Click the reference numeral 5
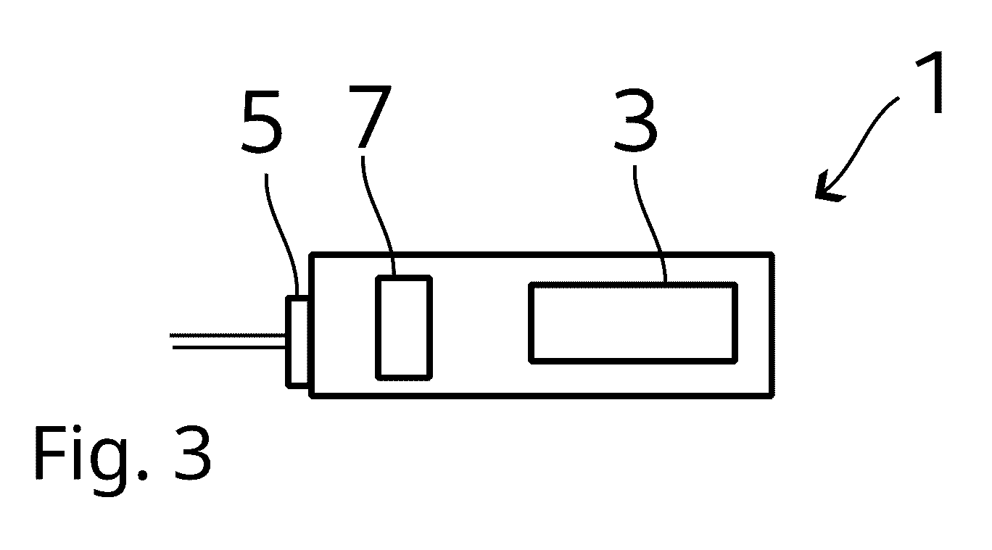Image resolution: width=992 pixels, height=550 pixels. tap(263, 122)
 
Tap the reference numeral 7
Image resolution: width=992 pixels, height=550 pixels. tap(370, 116)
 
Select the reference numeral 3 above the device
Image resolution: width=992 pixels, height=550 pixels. tap(636, 119)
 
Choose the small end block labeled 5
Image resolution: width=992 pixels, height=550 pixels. tap(297, 342)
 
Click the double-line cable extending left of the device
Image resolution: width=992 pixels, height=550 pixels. tap(228, 341)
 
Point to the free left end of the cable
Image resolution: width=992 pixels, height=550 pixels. tap(171, 341)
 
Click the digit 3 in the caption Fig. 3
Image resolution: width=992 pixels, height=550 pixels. tap(193, 453)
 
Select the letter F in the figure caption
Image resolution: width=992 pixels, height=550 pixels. tap(49, 453)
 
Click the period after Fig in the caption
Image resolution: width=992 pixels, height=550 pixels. tap(143, 475)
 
